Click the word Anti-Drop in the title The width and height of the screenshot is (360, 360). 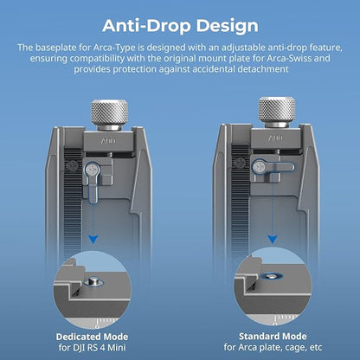[146, 25]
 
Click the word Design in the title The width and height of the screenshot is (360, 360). [228, 26]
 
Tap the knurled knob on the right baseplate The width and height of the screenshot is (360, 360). [277, 112]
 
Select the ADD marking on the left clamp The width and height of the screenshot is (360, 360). [108, 141]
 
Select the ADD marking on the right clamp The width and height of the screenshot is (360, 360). [276, 138]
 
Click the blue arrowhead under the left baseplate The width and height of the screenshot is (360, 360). [93, 239]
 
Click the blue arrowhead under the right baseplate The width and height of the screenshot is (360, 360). [273, 239]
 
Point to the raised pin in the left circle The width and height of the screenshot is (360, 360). [93, 280]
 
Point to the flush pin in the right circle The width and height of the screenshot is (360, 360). [271, 276]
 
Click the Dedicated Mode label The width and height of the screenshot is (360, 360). [92, 337]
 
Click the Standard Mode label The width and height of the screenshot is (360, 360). [273, 336]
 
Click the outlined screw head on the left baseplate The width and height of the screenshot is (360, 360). [92, 170]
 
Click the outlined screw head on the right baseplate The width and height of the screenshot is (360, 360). [260, 167]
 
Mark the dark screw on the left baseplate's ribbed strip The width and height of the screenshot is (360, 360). [72, 165]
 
